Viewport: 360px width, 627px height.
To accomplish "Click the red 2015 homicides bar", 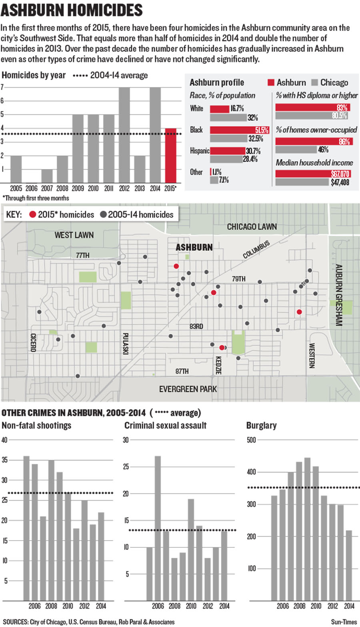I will (170, 156).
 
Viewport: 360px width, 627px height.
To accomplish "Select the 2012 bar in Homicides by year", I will (124, 135).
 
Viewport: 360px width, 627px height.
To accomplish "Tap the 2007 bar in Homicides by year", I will (47, 176).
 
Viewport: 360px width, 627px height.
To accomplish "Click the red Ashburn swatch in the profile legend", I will (271, 82).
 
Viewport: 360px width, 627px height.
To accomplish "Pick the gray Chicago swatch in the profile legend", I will (314, 82).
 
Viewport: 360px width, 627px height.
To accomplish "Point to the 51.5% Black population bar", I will (239, 130).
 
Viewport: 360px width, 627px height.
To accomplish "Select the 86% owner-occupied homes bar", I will (314, 141).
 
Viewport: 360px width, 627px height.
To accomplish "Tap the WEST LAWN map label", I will (74, 235).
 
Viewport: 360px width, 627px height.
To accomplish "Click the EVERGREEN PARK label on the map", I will (188, 389).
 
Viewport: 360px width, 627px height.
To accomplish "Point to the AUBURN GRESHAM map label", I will (338, 295).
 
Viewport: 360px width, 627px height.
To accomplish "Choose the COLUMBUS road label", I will (256, 249).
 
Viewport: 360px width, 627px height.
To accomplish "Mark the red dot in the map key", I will (33, 215).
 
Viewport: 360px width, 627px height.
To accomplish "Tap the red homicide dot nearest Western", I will (299, 312).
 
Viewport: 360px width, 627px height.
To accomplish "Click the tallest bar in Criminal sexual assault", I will (158, 528).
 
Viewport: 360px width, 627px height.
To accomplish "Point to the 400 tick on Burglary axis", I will (251, 472).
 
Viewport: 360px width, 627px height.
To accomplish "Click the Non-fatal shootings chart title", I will (36, 425).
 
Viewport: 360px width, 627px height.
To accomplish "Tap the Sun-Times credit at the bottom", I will (344, 622).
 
